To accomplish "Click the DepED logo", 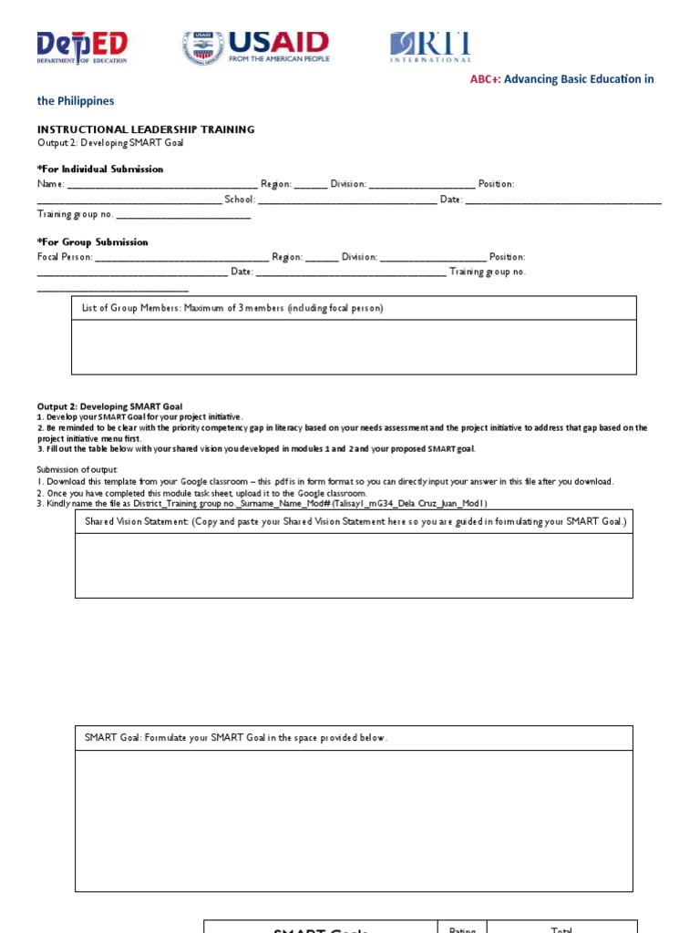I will pos(81,47).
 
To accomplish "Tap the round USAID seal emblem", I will pos(202,47).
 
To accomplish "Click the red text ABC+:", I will pos(485,79).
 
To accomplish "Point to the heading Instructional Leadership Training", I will pos(146,129).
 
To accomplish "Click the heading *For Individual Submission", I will pos(100,169).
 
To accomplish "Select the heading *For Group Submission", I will pos(92,242).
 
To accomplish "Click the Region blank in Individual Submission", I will pos(311,185).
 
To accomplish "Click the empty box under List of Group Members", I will pos(354,346).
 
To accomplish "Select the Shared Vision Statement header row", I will pos(354,521).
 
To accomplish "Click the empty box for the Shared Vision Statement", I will pos(354,565).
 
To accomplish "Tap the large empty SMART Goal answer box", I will pos(354,820).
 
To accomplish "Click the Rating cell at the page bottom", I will pos(463,928).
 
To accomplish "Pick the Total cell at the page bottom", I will pos(561,928).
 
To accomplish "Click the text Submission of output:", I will pos(77,469).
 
